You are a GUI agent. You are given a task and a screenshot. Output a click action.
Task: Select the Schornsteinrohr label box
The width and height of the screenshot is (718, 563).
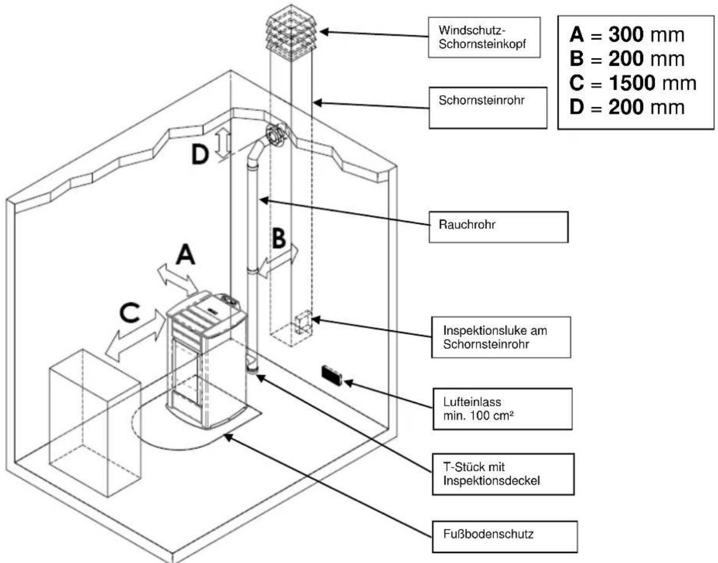click(x=488, y=107)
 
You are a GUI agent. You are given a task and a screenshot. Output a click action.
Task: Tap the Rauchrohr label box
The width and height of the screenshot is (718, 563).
click(x=498, y=226)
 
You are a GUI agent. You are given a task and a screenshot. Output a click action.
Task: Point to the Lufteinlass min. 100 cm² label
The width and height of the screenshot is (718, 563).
click(x=502, y=409)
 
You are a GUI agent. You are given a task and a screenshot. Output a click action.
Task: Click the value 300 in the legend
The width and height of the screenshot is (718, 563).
click(x=625, y=35)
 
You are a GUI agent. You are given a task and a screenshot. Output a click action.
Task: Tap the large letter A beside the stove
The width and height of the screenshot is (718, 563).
click(x=186, y=254)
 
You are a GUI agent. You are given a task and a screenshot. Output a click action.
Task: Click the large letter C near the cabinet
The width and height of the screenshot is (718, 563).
click(x=129, y=313)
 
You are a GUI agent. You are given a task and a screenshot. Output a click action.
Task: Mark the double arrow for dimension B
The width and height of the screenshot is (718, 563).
click(x=279, y=261)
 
